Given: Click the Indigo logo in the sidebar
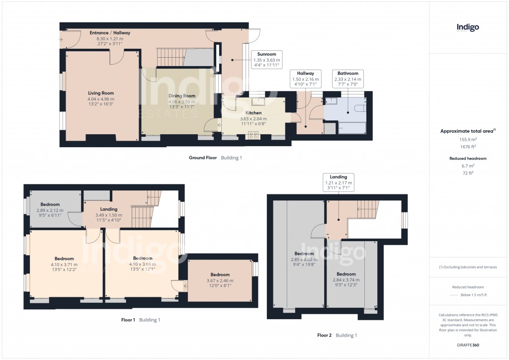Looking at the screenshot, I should coord(467,28).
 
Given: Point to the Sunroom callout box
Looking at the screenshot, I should coord(267,59).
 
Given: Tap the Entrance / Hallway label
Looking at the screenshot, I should coord(110,38).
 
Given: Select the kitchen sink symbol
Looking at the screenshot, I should coord(258,102).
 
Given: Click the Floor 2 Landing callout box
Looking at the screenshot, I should coord(338,182).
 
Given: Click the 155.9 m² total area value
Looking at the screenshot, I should coord(467,140).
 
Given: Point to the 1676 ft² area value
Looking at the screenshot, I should coord(467,147).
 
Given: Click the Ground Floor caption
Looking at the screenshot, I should coord(203,158).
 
